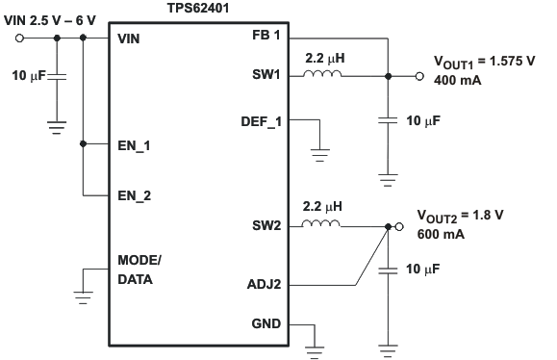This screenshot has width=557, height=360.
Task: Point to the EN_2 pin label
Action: (x=134, y=195)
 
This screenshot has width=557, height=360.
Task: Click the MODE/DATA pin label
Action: (x=139, y=270)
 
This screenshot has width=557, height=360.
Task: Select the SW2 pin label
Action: (x=265, y=227)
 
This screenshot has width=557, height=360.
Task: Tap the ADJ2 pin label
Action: (x=263, y=285)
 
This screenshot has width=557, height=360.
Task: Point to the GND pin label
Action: (x=265, y=323)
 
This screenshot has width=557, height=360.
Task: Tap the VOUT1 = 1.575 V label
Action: (x=474, y=65)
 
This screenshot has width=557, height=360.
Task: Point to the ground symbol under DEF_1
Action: (x=320, y=153)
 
